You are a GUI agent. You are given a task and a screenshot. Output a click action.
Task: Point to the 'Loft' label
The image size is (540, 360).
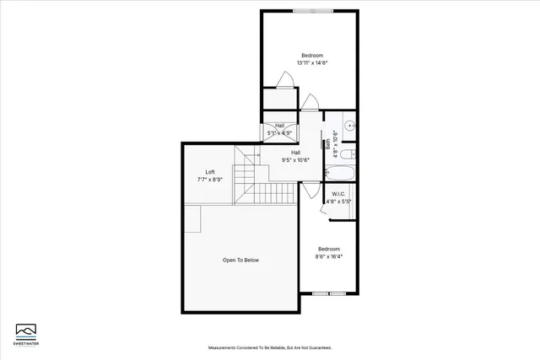click(x=210, y=171)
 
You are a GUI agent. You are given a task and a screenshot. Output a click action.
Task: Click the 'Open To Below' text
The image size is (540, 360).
click(x=240, y=260)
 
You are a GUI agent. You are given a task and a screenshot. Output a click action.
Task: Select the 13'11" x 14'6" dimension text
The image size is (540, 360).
click(x=312, y=62)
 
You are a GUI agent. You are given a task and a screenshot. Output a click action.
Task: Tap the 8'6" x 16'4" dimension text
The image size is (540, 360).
click(x=328, y=256)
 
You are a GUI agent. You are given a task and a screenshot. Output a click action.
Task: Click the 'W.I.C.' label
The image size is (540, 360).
click(x=339, y=194)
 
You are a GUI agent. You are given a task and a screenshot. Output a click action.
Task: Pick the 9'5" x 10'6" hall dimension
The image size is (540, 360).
click(x=295, y=160)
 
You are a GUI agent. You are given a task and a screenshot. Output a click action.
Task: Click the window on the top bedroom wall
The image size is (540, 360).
click(x=312, y=11)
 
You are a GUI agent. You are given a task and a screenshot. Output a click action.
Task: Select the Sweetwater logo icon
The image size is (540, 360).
click(x=27, y=330)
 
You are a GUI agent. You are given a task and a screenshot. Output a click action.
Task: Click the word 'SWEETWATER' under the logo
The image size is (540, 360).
click(x=27, y=344)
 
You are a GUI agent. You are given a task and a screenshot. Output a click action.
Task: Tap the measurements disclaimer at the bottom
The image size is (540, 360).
click(x=269, y=347)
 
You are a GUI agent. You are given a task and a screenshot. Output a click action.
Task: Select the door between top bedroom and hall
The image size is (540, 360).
click(x=310, y=104)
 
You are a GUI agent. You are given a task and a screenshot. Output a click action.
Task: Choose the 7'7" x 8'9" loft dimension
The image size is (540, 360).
click(x=210, y=179)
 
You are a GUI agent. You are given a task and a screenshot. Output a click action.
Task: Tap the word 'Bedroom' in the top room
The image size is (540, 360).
click(x=312, y=55)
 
